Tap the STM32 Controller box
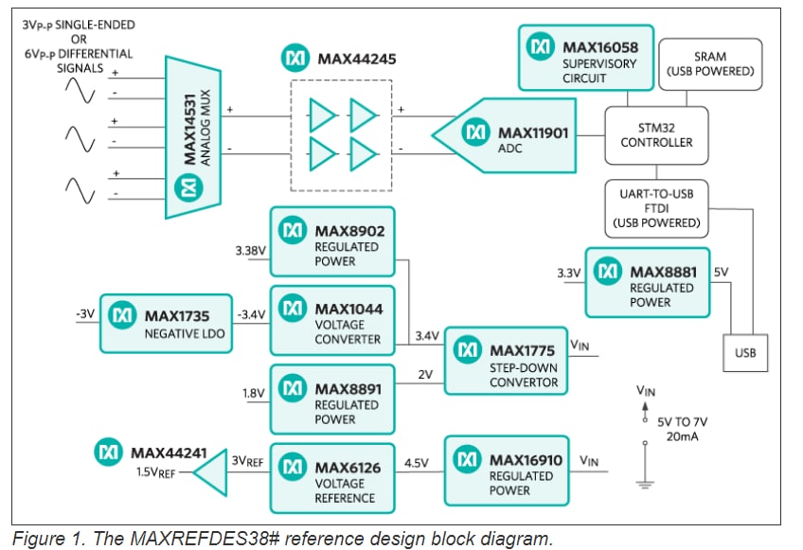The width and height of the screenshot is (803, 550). pos(656,134)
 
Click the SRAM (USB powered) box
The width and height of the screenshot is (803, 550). pos(709,63)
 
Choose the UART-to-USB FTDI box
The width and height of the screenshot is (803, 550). pos(656,207)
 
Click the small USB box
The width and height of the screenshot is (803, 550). pos(744,354)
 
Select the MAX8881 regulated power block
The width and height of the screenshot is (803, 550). pos(647,283)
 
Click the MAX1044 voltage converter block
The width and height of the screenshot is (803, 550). pos(331,321)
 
